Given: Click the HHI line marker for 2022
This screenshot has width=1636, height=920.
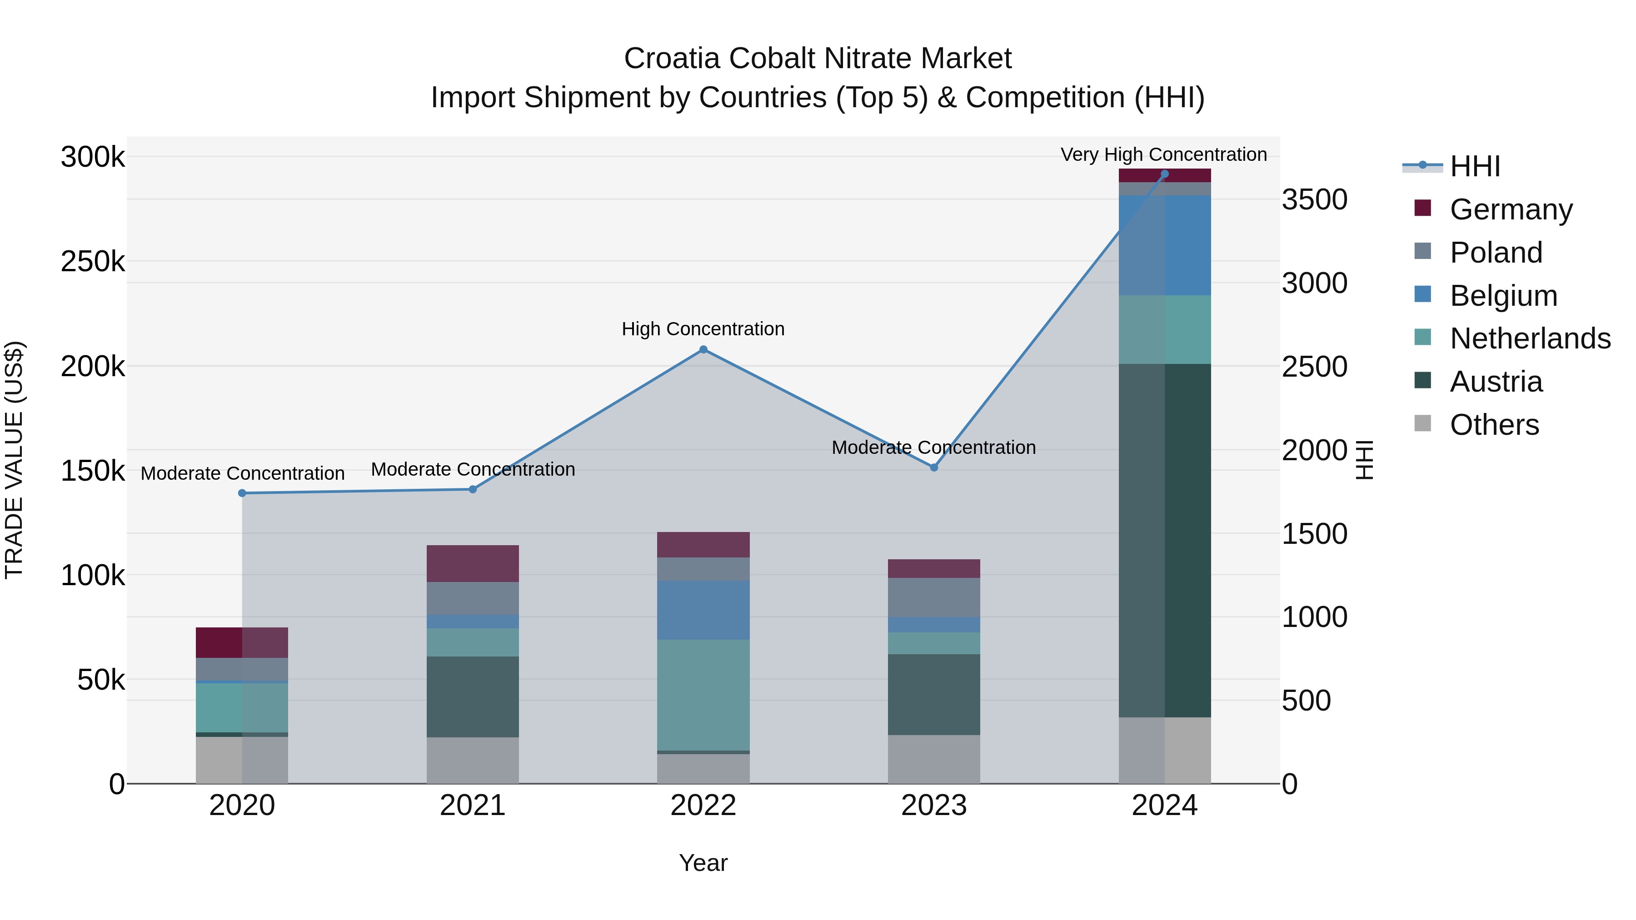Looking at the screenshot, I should (x=703, y=349).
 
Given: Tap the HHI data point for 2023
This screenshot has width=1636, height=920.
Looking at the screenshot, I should (x=933, y=467).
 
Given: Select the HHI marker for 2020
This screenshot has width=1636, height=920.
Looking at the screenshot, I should (x=242, y=493).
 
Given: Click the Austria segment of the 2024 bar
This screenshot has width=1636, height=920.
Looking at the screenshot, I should (x=1164, y=540).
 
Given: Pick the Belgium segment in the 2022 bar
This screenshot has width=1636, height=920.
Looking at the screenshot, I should (x=703, y=610).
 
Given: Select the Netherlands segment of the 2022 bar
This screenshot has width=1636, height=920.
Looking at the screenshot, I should (x=703, y=695).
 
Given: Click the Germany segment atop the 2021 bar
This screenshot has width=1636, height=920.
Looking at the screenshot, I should (x=473, y=563).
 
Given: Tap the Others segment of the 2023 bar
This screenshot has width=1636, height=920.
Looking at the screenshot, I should (x=933, y=759).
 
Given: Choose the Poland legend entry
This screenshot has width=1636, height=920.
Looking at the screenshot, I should (x=1496, y=253).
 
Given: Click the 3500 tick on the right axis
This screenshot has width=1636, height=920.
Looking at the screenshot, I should (x=1314, y=200).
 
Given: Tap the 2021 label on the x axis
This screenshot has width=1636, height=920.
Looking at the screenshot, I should (x=473, y=806).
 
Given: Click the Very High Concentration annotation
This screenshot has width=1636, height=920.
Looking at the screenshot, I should (x=1163, y=154).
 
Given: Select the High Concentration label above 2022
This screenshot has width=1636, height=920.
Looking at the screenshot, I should (x=703, y=329).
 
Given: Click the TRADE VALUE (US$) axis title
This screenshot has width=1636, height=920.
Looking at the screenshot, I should (x=14, y=460).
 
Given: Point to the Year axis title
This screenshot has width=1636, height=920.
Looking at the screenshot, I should (x=703, y=863).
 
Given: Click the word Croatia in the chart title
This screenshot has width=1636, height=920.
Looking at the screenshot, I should (x=673, y=59).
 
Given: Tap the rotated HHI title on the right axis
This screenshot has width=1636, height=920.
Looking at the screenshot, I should (x=1364, y=460).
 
